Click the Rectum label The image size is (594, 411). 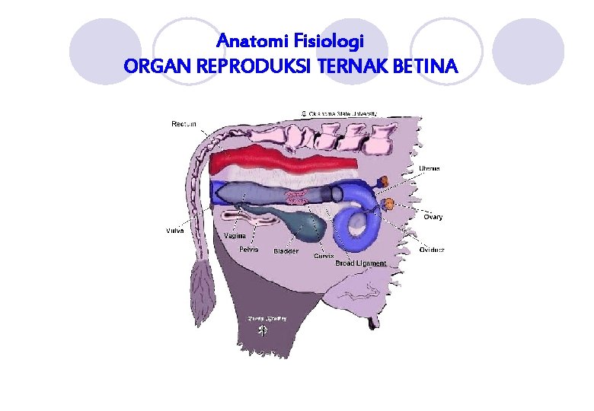pos(184,124)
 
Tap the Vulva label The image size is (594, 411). pos(174,231)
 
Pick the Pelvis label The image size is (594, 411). pos(248,249)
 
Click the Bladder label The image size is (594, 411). pos(286,251)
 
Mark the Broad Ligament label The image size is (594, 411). pos(361,263)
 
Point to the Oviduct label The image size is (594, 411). pos(432,250)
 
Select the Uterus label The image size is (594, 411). pos(429,168)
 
